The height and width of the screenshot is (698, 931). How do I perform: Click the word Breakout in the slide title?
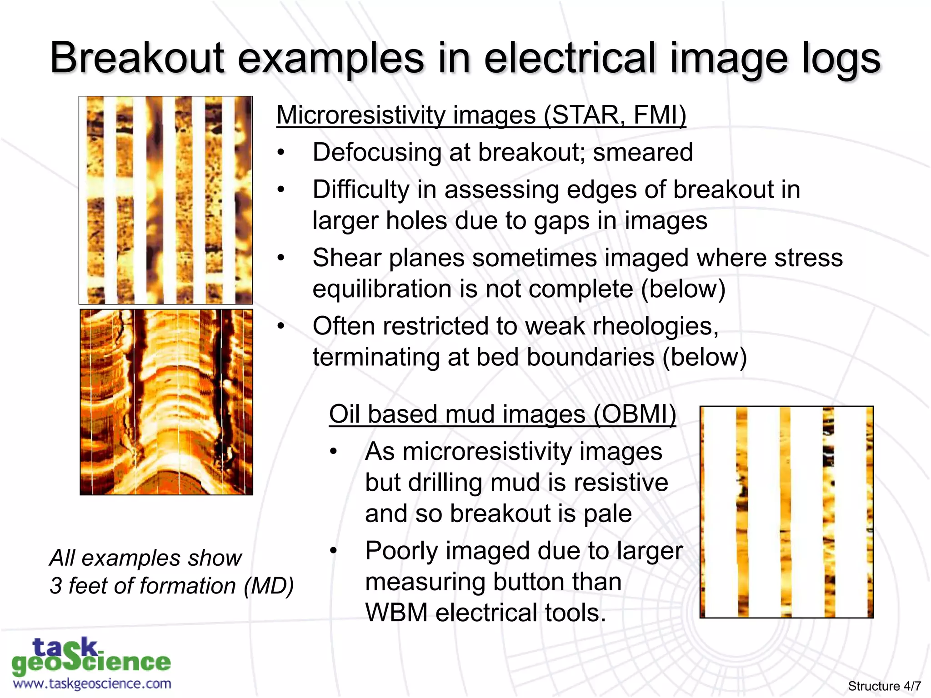[137, 58]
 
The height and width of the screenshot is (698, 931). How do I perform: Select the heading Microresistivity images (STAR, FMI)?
[481, 115]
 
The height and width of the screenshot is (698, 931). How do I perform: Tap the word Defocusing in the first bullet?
[377, 152]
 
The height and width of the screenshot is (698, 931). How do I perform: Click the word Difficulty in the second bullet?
[360, 189]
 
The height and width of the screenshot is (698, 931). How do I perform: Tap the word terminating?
[376, 357]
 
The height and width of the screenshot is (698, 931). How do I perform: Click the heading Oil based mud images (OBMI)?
[502, 414]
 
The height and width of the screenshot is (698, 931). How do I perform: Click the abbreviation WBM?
[396, 613]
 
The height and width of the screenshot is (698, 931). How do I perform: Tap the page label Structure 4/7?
[884, 686]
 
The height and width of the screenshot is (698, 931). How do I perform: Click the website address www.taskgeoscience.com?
[92, 684]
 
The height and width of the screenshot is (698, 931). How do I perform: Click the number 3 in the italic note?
[56, 586]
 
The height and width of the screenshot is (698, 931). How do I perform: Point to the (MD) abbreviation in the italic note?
[269, 586]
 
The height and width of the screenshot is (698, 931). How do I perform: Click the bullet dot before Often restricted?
[281, 326]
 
